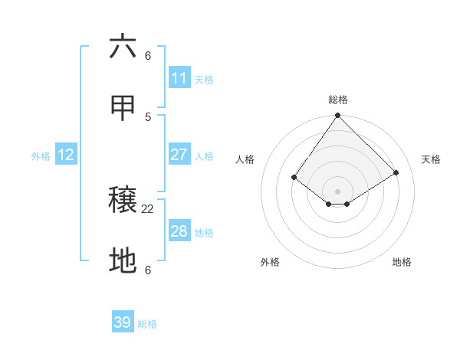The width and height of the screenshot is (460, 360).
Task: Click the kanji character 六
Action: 123,47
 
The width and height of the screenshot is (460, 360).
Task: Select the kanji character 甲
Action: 123,110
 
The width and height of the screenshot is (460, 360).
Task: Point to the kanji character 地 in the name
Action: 123,262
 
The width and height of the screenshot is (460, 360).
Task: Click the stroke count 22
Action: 148,208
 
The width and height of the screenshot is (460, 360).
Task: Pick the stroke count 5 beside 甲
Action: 148,116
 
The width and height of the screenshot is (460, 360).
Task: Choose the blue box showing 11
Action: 179,78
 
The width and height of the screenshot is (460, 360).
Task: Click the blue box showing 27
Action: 179,155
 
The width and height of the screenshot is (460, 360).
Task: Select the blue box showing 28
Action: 179,231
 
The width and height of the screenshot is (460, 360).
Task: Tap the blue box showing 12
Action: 66,155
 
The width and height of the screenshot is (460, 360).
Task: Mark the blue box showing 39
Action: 123,322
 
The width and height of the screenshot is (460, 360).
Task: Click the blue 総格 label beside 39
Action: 147,324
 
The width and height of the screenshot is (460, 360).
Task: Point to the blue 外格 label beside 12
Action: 41,156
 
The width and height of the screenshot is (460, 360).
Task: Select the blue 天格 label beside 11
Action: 204,79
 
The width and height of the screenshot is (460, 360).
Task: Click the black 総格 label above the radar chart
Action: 338,100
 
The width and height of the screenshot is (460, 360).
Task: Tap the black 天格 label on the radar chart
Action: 432,159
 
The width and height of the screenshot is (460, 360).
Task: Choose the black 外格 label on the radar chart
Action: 270,262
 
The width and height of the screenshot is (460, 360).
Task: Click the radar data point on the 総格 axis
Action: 337,116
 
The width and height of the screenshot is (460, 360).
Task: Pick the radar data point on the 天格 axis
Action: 396,172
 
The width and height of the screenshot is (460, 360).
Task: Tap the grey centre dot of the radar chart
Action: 337,191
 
